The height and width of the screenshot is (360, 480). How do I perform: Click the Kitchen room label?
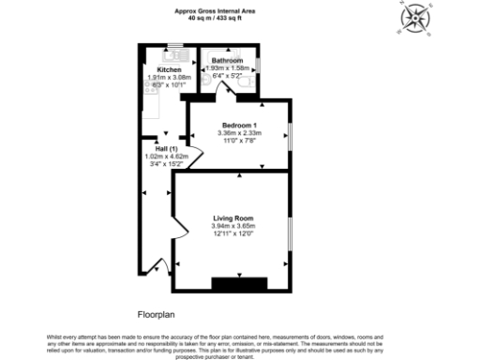[169, 69]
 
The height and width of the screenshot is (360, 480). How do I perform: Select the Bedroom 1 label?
[239, 125]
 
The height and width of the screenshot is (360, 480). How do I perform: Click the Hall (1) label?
[168, 148]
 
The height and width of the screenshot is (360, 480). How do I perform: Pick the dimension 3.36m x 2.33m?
[239, 133]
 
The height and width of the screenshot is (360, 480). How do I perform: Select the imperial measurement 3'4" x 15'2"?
[168, 164]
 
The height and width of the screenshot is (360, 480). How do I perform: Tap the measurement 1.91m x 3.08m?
[170, 78]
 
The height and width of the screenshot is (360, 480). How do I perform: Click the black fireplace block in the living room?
[239, 282]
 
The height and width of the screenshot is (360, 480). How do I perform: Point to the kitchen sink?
[176, 52]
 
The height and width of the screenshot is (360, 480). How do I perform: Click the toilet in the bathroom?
[246, 82]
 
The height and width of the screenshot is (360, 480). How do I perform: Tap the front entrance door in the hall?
[158, 266]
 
